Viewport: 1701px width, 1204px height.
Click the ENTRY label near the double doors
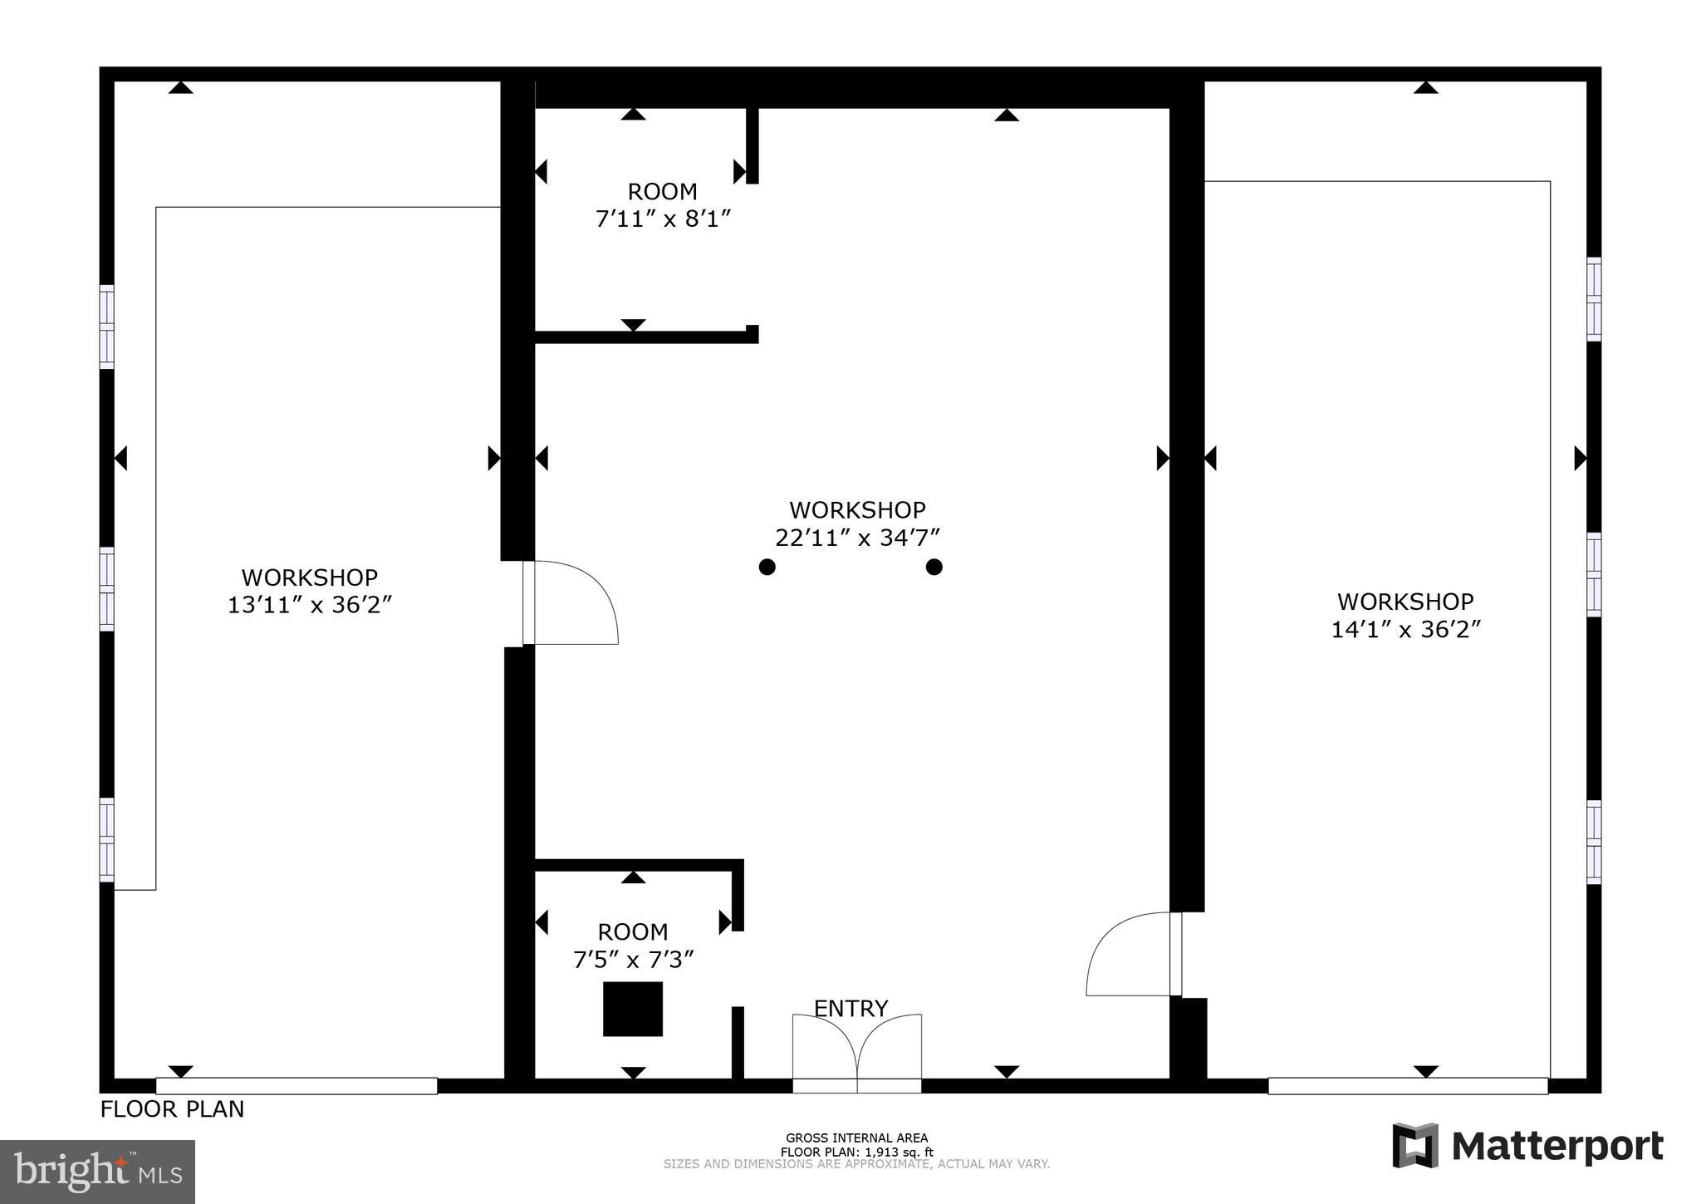pos(850,1008)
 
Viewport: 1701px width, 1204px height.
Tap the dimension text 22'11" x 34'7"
pos(857,538)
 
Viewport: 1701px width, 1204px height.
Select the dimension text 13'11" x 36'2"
pos(309,605)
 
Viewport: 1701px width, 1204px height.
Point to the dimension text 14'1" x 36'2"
pos(1405,630)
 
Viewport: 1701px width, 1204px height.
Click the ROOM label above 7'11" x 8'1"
pos(662,192)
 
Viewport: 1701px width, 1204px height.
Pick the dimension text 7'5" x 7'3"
pos(633,960)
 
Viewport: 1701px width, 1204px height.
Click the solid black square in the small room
pos(632,1009)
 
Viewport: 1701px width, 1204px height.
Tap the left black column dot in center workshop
pos(767,567)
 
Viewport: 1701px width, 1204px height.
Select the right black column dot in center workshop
pos(934,567)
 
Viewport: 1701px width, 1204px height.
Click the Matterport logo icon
pos(1415,1145)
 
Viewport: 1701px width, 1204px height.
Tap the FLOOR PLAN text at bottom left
pos(172,1109)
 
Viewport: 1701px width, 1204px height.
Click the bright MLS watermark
pos(97,1172)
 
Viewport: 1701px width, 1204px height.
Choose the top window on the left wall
pos(106,327)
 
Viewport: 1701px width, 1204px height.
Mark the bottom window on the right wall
pos(1593,841)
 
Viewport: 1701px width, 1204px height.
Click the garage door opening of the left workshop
pos(297,1085)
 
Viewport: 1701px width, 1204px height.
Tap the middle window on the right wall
pos(1593,574)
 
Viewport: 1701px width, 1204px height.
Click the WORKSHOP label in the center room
pos(857,509)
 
